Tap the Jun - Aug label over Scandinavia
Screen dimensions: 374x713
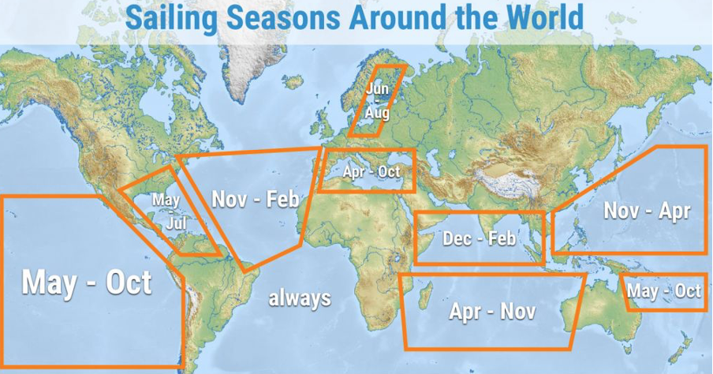pyautogui.click(x=377, y=102)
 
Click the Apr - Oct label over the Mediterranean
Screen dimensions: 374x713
pyautogui.click(x=371, y=171)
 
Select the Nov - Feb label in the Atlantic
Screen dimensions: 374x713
pyautogui.click(x=256, y=200)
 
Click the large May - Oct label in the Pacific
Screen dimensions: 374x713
pyautogui.click(x=86, y=282)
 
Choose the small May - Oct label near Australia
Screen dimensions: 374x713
pyautogui.click(x=664, y=291)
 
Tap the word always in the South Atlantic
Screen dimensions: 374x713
pyautogui.click(x=299, y=298)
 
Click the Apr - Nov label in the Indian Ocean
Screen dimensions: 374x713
pyautogui.click(x=492, y=311)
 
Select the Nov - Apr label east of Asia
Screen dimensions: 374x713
pyautogui.click(x=646, y=211)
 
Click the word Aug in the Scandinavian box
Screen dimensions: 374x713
pyautogui.click(x=376, y=114)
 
